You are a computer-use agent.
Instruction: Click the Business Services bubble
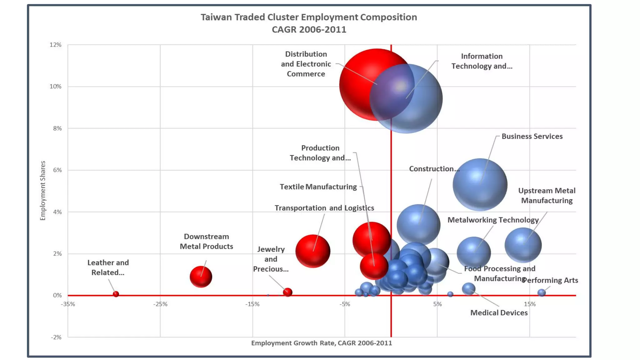tap(480, 184)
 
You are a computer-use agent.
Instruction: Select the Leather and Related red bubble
tap(116, 294)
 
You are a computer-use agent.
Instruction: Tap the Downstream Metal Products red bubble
tap(201, 277)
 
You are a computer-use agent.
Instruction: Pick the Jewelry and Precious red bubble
tap(287, 292)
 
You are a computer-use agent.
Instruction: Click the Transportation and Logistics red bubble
tap(313, 251)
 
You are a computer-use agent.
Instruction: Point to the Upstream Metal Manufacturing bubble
tap(523, 245)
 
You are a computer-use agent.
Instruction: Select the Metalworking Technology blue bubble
tap(474, 252)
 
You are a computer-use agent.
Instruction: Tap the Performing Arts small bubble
tap(542, 292)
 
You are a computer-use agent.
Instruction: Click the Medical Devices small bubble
tap(468, 289)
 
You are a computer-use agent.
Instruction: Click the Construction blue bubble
tap(418, 225)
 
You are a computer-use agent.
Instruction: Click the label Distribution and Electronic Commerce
tap(306, 64)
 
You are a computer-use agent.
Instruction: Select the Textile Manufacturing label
tap(318, 187)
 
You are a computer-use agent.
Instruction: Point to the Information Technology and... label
tap(482, 61)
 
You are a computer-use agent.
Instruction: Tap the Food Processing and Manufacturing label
tap(499, 273)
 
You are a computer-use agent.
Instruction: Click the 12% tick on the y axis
tap(56, 45)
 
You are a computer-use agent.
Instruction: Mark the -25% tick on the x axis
tap(160, 304)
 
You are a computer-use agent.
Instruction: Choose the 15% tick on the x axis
tap(530, 304)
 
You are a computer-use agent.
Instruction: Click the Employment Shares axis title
tap(43, 191)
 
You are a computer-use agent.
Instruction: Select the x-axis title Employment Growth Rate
tap(321, 343)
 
